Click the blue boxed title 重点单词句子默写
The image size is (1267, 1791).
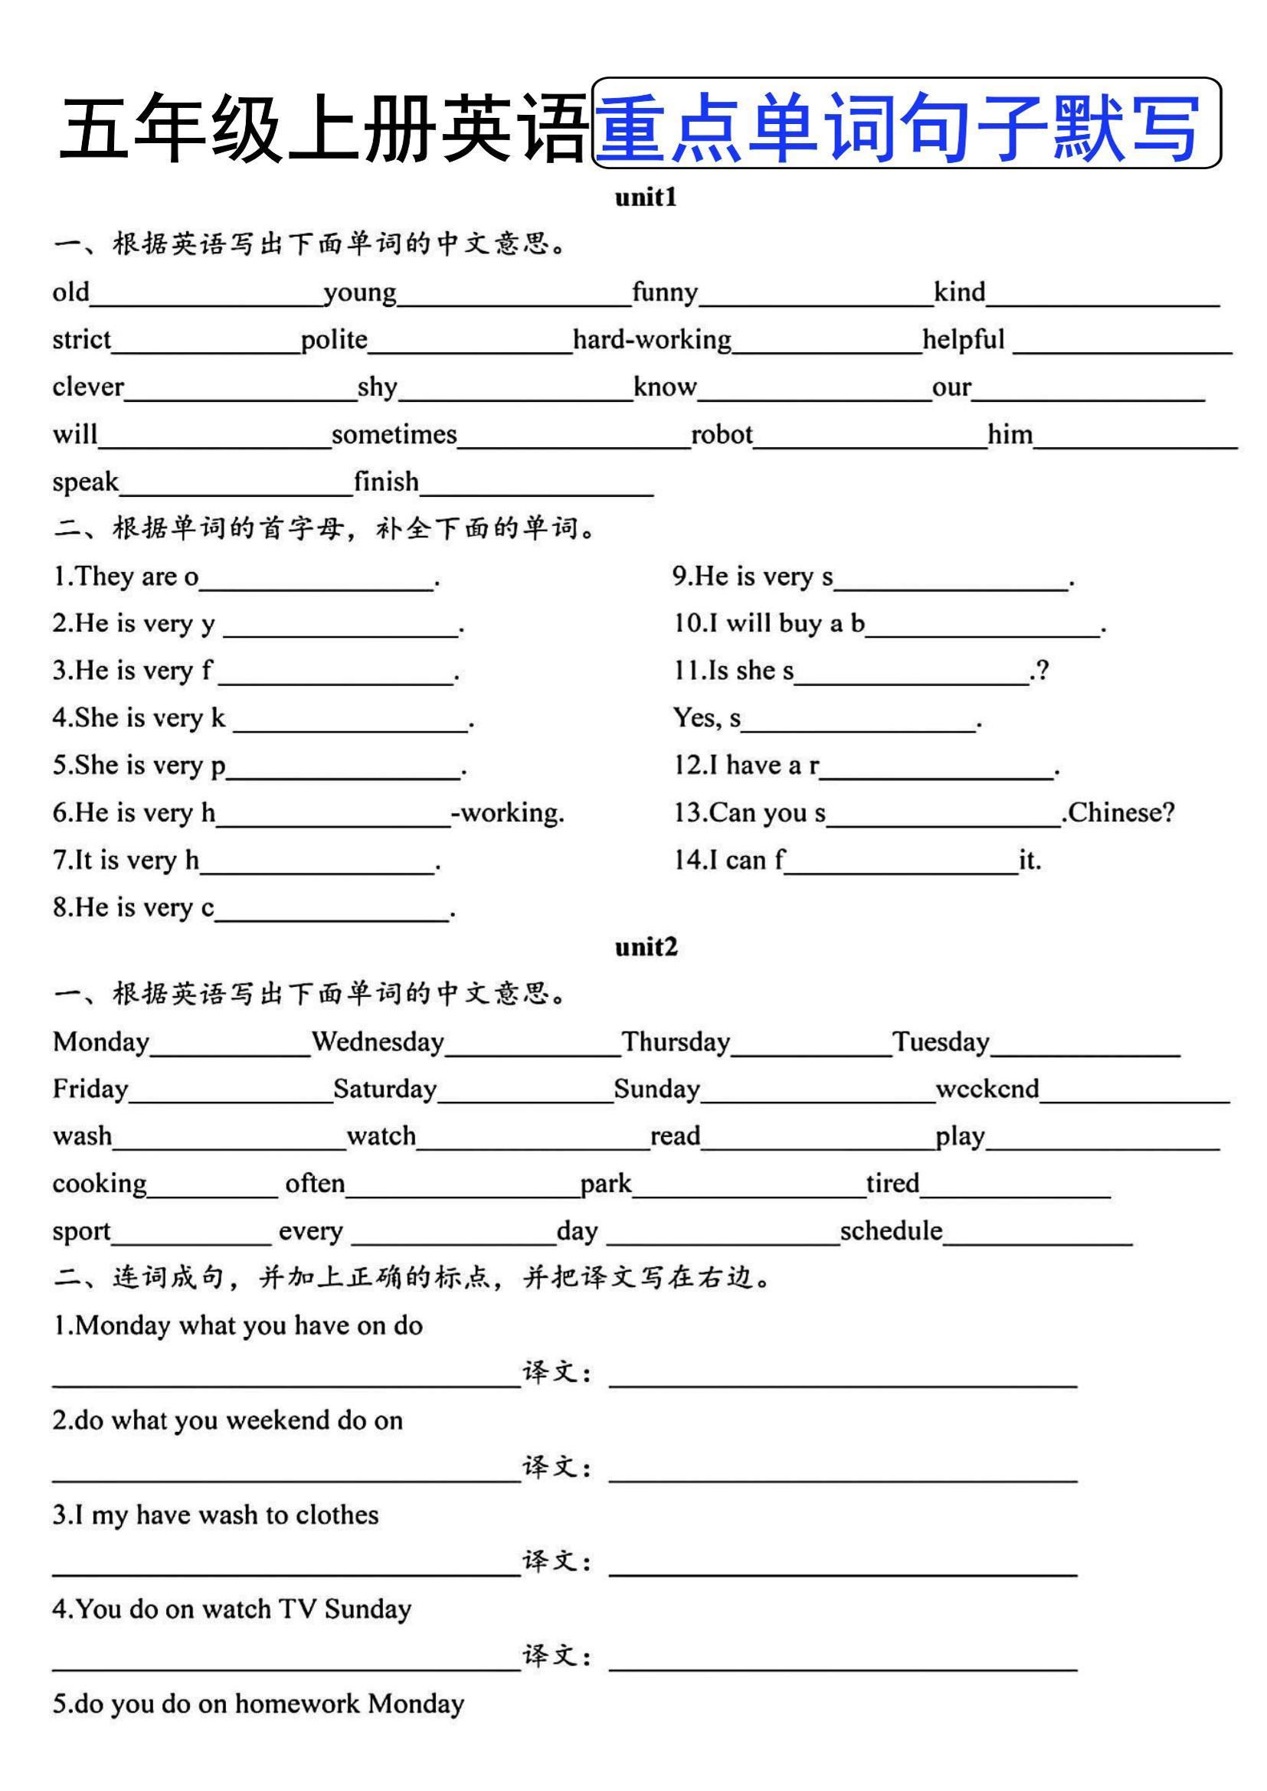point(906,124)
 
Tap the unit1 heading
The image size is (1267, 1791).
point(645,198)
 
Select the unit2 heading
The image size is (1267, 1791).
point(645,947)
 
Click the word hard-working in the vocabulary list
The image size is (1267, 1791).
point(652,340)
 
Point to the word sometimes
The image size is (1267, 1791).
point(394,434)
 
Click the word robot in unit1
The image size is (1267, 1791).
point(722,434)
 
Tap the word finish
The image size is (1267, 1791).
point(386,482)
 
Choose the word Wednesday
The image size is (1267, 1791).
point(378,1041)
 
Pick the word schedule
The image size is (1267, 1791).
point(891,1231)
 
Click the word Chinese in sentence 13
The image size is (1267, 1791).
point(1121,813)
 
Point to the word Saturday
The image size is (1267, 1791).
point(385,1089)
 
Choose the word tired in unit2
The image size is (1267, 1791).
point(892,1183)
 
